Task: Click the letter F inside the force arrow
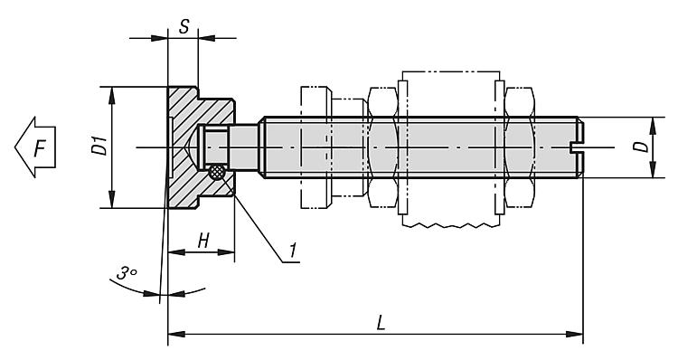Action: pos(40,148)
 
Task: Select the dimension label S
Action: pos(184,27)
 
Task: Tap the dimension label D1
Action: pos(99,146)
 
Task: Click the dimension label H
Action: pos(203,241)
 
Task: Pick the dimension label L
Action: pos(381,322)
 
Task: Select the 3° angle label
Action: pos(127,273)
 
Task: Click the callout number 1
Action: pos(293,250)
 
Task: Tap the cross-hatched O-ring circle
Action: pos(217,172)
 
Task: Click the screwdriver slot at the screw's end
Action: pos(577,147)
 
